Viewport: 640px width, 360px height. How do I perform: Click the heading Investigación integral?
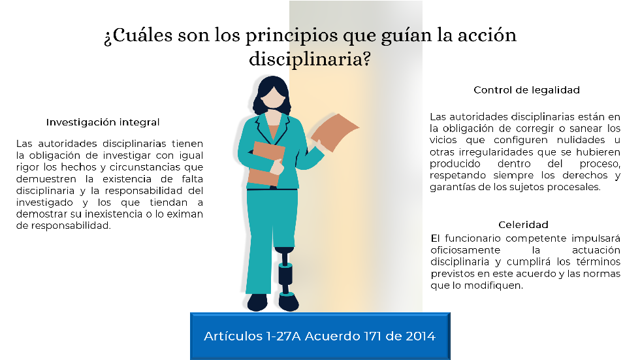point(103,122)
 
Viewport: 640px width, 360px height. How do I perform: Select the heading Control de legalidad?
point(526,90)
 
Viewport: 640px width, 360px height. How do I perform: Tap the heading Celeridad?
point(523,225)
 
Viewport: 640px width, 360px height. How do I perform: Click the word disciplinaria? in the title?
point(310,59)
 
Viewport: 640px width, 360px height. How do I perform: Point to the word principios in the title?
point(291,36)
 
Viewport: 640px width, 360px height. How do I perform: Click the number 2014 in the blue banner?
point(421,336)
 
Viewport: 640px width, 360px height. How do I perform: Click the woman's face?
point(272,97)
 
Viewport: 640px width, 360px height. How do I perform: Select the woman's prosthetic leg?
point(285,271)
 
